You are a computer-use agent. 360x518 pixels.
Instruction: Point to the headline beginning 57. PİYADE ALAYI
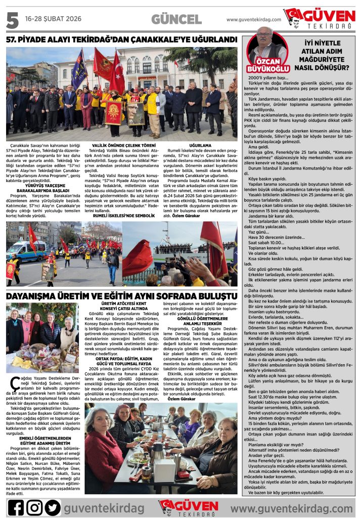coord(121,39)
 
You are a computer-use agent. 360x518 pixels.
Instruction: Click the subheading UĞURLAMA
coord(200,144)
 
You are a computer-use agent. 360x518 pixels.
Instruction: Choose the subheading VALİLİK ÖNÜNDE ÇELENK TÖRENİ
coord(119,144)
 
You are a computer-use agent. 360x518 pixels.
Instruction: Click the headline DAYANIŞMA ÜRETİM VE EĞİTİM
coord(121,295)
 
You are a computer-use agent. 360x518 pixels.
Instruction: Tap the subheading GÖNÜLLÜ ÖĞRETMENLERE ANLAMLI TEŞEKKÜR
coord(197,322)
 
